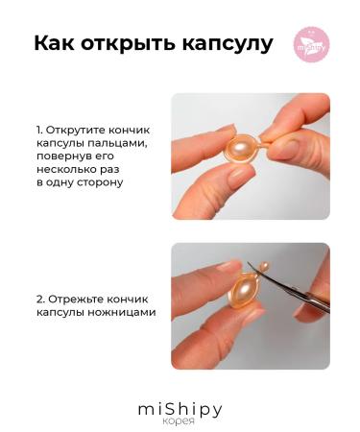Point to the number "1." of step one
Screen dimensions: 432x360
point(39,129)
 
